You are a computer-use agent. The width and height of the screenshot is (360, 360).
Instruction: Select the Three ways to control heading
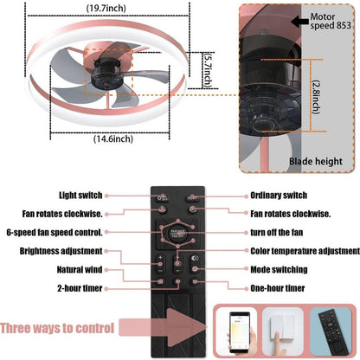57,328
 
